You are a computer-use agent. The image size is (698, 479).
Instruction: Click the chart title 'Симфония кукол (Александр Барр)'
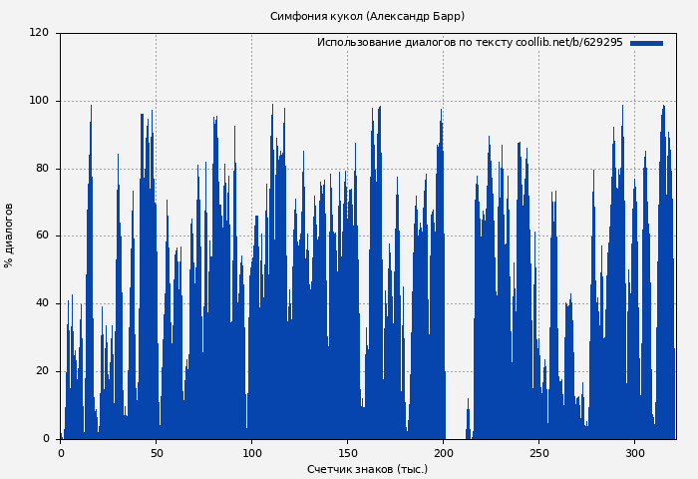pos(367,16)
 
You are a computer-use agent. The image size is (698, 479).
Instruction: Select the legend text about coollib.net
pos(470,43)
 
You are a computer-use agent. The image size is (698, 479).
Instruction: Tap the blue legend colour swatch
pos(646,43)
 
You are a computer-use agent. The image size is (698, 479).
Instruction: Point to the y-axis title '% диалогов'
pos(9,236)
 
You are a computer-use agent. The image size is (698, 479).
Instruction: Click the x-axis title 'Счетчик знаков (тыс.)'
pos(367,469)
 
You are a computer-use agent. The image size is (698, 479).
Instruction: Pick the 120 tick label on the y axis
pos(39,33)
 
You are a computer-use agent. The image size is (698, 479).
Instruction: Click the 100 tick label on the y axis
pos(39,101)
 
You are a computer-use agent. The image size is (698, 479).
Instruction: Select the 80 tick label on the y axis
pos(42,169)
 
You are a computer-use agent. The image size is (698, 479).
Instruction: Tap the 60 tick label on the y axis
pos(42,236)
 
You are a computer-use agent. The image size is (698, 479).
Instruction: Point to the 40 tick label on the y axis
pos(42,303)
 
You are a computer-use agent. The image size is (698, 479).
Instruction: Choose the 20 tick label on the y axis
pos(42,371)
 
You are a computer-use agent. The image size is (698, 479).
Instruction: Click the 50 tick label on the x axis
pos(157,452)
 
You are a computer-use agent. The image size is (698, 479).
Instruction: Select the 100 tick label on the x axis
pos(251,452)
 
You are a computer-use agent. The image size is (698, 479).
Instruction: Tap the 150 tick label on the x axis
pos(347,452)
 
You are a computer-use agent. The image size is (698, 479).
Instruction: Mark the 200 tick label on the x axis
pos(444,452)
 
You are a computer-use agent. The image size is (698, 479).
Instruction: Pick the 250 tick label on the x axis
pos(539,452)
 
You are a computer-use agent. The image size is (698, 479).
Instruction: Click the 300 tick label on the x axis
pos(635,452)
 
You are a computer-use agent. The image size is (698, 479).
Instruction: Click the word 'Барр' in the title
pos(447,16)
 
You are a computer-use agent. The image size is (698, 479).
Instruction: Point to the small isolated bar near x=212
pos(468,421)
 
